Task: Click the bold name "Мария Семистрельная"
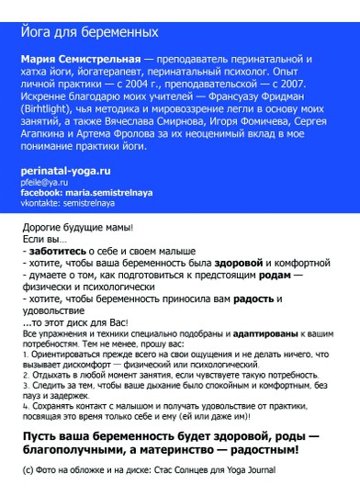point(77,60)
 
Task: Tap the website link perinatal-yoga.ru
point(65,171)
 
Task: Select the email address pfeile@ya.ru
point(44,183)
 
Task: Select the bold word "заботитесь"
point(58,250)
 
